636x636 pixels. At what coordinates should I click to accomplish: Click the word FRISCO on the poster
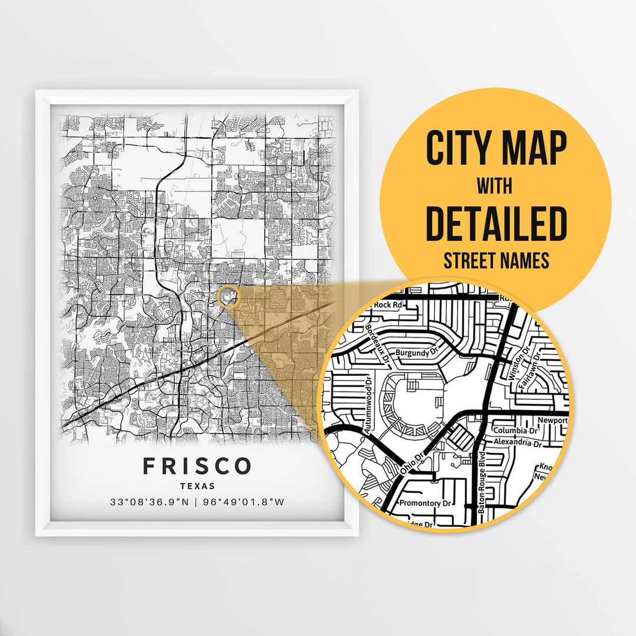[197, 466]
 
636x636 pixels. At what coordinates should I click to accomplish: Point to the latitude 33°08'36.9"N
[150, 502]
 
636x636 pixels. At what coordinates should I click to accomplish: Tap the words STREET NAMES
[495, 260]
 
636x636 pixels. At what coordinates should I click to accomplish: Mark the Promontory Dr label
[424, 503]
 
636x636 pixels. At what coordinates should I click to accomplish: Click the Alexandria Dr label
[516, 442]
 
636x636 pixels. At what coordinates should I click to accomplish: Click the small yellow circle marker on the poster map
[228, 297]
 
